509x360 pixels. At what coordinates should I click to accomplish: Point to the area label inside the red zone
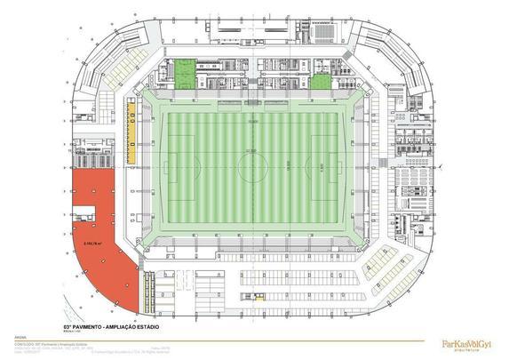[92, 241]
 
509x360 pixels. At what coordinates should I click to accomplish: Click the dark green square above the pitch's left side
[184, 73]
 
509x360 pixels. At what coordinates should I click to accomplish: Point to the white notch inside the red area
[85, 212]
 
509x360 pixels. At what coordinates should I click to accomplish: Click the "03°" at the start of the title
[68, 326]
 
